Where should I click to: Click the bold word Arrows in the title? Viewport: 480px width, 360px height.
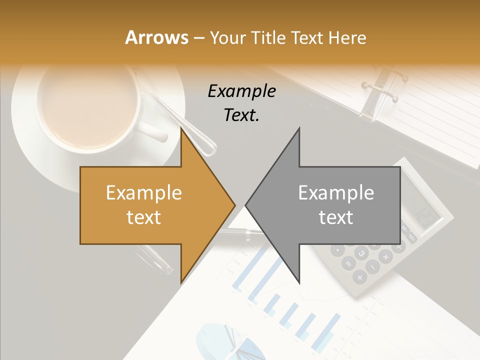(156, 37)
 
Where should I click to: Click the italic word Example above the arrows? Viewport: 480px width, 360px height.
(241, 91)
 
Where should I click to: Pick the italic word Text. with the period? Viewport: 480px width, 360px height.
(241, 115)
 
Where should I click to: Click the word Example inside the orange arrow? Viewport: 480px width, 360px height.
(144, 192)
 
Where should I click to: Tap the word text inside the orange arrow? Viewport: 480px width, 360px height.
(144, 217)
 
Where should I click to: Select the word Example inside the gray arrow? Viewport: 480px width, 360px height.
(336, 192)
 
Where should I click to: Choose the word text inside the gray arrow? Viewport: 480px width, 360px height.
(336, 217)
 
